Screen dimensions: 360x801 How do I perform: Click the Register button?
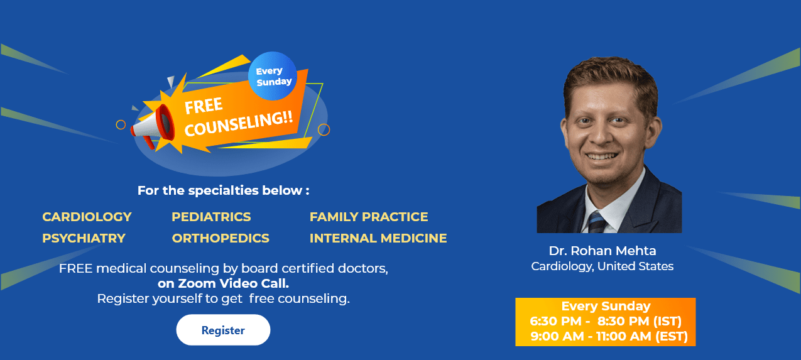(223, 330)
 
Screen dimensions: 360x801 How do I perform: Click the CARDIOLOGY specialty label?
(87, 217)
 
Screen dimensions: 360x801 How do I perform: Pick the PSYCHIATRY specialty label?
(84, 238)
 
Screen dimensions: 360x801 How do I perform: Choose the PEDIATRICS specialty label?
(211, 217)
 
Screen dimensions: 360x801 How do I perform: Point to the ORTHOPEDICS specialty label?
(221, 238)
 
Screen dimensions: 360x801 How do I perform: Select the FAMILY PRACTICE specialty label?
(369, 217)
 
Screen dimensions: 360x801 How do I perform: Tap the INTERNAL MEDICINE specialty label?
(378, 238)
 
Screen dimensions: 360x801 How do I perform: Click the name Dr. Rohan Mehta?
(602, 251)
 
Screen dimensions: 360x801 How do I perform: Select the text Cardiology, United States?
(602, 266)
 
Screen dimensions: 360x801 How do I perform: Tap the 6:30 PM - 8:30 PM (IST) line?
(606, 321)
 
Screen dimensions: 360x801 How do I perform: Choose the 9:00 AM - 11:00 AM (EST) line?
(609, 336)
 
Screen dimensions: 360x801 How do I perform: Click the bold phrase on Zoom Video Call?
(223, 283)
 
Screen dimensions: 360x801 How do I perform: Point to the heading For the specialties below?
(223, 190)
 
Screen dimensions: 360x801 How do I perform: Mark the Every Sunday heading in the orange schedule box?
(606, 306)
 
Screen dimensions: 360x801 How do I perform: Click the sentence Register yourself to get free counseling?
(223, 298)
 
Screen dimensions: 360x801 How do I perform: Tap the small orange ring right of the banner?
(324, 129)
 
